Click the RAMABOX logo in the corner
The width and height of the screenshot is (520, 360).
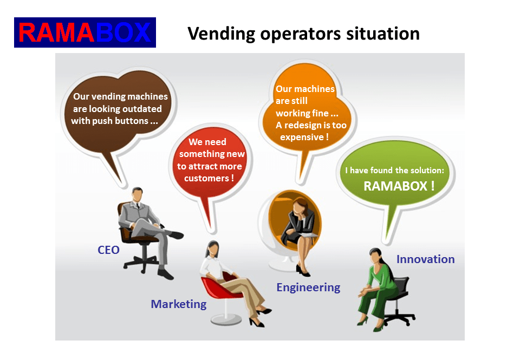[85, 32]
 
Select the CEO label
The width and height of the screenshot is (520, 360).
[108, 250]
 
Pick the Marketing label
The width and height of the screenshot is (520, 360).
[178, 304]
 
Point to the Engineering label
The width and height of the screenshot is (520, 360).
[308, 287]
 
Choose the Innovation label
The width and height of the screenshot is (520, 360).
[425, 259]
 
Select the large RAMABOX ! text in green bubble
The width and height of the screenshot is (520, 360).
[399, 186]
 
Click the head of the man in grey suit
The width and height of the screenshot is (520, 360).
[138, 194]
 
